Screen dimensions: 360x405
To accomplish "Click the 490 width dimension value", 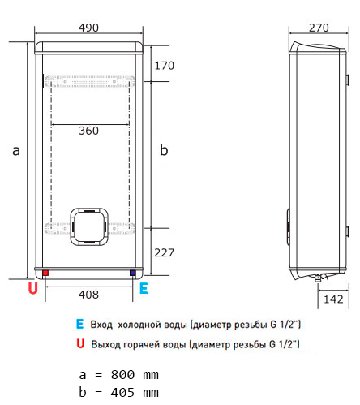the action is tap(88, 28).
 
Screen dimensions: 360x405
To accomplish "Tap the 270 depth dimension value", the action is tap(319, 28).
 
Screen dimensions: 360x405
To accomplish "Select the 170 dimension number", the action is tap(165, 66).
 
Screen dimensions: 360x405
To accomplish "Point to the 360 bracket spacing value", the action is tap(88, 131).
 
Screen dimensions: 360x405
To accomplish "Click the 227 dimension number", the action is tap(165, 252).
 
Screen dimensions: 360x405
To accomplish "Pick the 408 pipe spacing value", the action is tap(88, 295).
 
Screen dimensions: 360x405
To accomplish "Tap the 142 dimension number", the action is tap(333, 299).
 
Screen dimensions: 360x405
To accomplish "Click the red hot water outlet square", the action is tap(45, 273).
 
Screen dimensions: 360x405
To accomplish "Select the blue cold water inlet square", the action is tap(133, 273).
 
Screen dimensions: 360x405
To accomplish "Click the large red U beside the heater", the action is tap(33, 288).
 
